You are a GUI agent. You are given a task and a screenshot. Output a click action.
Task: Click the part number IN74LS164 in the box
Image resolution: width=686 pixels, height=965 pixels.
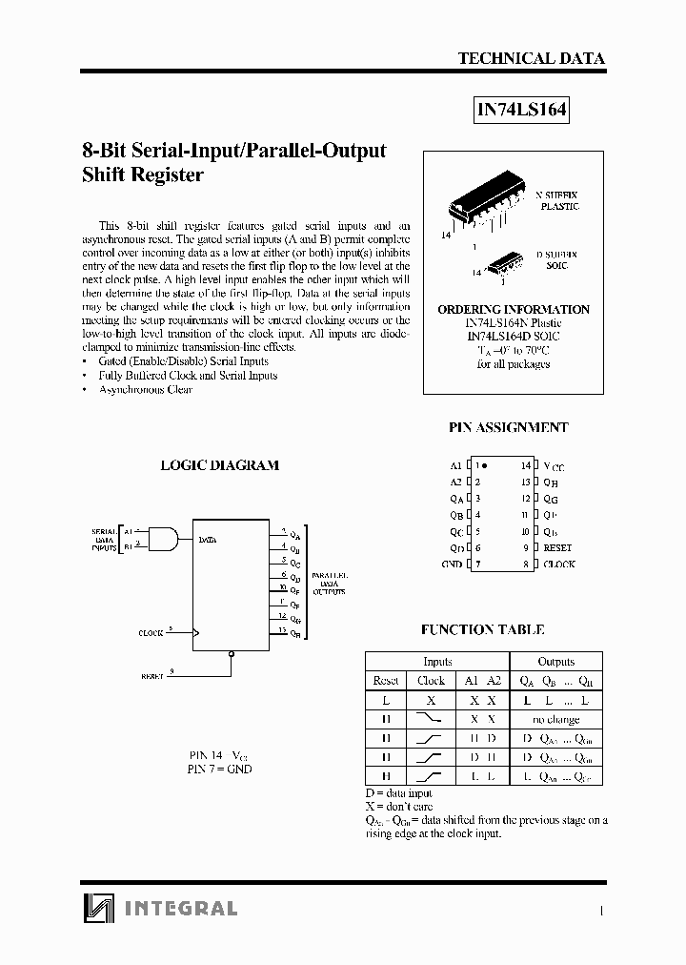pyautogui.click(x=521, y=111)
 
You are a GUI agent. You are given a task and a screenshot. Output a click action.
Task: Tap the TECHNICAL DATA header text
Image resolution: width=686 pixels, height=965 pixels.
pyautogui.click(x=531, y=58)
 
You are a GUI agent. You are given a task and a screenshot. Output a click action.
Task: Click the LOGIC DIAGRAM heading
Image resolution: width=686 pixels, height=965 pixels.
pyautogui.click(x=219, y=465)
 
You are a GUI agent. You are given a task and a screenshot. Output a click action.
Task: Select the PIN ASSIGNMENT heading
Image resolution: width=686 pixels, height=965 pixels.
pyautogui.click(x=508, y=428)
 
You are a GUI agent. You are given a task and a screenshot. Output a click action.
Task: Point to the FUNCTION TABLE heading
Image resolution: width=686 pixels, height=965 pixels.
pyautogui.click(x=482, y=630)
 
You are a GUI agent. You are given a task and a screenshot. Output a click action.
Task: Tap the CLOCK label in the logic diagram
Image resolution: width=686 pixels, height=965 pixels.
pyautogui.click(x=151, y=633)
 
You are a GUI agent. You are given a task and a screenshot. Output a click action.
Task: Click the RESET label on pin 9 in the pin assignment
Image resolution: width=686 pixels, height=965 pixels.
pyautogui.click(x=557, y=548)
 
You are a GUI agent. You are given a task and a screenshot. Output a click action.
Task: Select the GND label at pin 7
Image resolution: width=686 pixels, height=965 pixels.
pyautogui.click(x=452, y=565)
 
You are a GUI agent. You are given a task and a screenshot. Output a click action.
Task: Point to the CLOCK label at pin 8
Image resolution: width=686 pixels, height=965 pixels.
pyautogui.click(x=558, y=565)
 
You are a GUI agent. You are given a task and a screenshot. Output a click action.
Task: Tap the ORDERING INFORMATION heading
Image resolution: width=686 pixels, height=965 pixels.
pyautogui.click(x=513, y=310)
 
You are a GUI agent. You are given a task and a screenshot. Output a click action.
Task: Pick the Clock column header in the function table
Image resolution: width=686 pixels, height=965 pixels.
pyautogui.click(x=431, y=681)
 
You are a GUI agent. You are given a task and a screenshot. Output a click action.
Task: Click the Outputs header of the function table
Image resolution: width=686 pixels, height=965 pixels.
pyautogui.click(x=555, y=662)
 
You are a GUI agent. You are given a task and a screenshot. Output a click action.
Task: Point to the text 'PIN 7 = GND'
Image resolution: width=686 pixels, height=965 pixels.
pyautogui.click(x=220, y=769)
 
